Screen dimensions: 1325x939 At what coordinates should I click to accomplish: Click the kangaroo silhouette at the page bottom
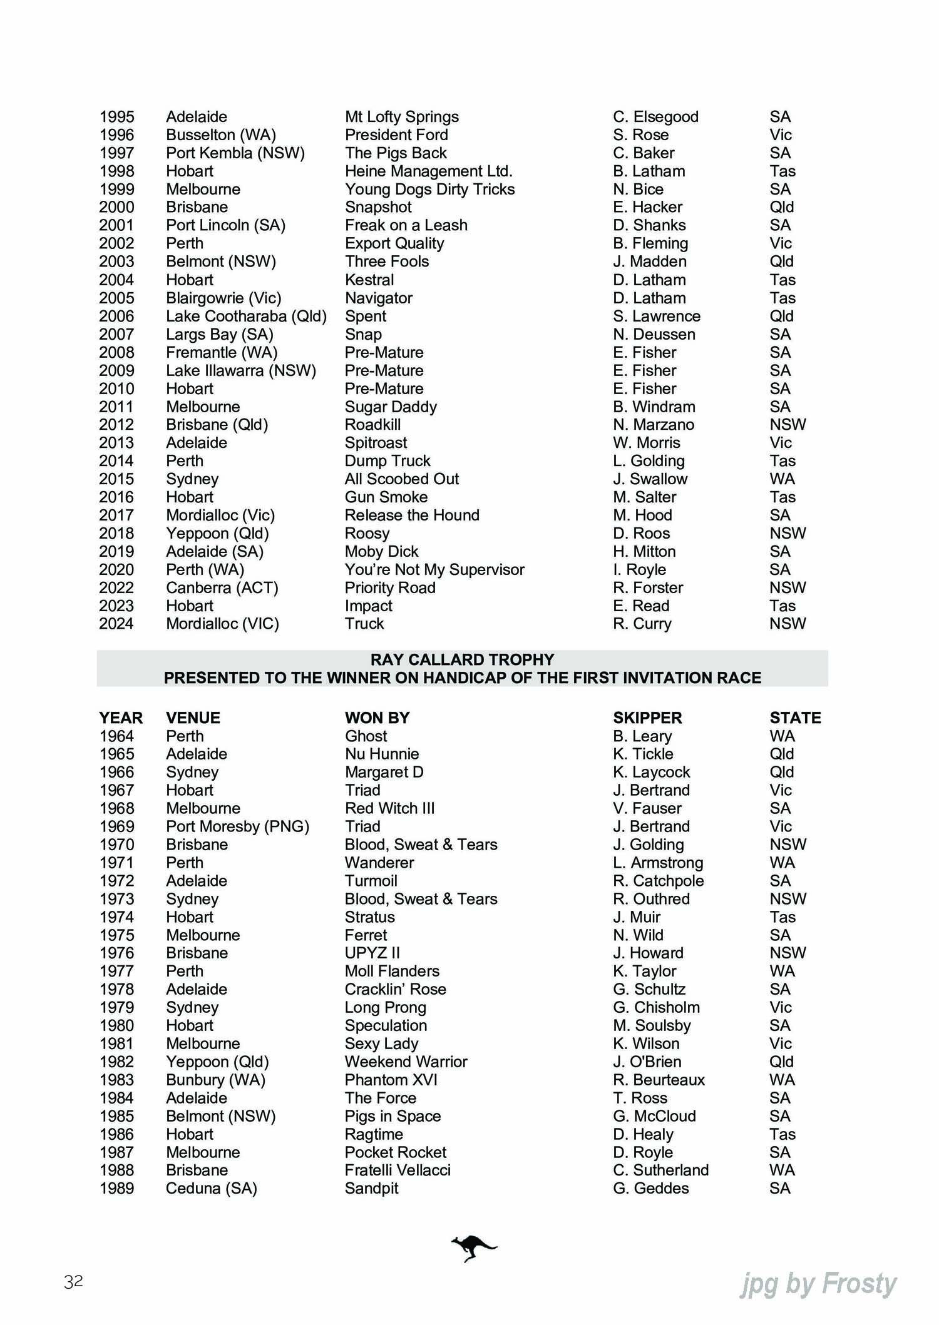click(473, 1248)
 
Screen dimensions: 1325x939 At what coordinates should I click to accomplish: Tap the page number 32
click(73, 1281)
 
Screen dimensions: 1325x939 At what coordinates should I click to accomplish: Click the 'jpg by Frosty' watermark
click(819, 1284)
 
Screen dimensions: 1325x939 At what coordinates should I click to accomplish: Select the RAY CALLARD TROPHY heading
click(462, 659)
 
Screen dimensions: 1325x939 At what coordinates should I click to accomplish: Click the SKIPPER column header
click(647, 718)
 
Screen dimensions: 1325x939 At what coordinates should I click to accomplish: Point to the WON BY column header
click(377, 718)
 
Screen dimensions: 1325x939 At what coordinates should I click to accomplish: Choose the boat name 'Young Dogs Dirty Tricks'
click(429, 189)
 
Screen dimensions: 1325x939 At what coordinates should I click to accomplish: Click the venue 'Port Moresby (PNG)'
click(237, 826)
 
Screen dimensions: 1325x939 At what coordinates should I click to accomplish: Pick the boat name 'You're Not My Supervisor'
click(434, 569)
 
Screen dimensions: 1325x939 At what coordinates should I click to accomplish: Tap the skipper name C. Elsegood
click(655, 116)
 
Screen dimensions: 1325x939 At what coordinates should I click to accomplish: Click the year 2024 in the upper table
click(116, 624)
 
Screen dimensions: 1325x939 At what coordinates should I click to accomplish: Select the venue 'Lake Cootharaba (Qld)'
click(246, 316)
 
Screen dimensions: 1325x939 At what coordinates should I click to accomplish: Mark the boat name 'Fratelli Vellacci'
click(398, 1170)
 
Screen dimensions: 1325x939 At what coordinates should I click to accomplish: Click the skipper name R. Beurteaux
click(659, 1080)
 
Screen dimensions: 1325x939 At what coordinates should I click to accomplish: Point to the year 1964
click(116, 736)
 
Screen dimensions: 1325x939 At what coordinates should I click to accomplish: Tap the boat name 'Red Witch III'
click(389, 808)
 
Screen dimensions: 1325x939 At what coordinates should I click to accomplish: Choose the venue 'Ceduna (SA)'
click(212, 1188)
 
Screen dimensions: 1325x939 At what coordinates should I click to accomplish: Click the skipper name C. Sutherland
click(660, 1170)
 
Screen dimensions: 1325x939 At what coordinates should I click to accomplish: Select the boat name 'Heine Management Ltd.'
click(428, 171)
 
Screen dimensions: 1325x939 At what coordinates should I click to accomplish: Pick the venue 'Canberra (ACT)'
click(222, 587)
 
